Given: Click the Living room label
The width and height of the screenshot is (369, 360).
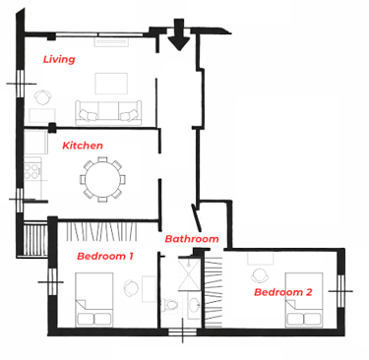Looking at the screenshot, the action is (59, 59).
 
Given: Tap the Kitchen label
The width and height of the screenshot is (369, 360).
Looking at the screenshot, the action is (83, 146).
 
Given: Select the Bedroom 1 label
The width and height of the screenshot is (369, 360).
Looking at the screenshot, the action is (105, 256).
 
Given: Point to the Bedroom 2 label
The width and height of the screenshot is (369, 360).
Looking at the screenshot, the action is (283, 292).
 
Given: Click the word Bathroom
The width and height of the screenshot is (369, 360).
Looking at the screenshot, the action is (192, 238).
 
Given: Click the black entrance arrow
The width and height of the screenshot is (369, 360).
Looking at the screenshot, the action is (179, 34).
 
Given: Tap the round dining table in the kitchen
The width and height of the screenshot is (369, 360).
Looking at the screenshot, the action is (102, 179).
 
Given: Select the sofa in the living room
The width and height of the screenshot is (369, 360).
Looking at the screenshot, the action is (108, 113).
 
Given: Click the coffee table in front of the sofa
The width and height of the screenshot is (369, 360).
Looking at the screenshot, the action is (111, 84).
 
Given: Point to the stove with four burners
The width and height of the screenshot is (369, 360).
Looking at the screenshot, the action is (32, 171).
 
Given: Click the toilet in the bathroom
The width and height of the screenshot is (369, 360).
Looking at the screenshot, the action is (170, 305).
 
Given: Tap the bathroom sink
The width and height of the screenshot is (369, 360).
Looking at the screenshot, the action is (195, 303).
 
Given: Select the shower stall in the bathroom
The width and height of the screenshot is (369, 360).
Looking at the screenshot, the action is (189, 274).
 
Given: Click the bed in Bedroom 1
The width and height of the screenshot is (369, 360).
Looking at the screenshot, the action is (94, 299).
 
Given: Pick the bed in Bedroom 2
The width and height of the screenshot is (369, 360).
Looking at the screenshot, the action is (304, 300).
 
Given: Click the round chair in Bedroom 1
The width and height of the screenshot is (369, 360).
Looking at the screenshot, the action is (132, 288).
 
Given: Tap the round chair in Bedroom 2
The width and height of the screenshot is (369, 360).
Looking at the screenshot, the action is (261, 275).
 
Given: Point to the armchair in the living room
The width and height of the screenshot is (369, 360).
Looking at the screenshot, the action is (43, 97).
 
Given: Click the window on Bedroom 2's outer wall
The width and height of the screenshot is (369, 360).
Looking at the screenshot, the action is (340, 291).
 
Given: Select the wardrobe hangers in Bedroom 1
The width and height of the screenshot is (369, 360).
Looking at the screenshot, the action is (101, 232).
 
